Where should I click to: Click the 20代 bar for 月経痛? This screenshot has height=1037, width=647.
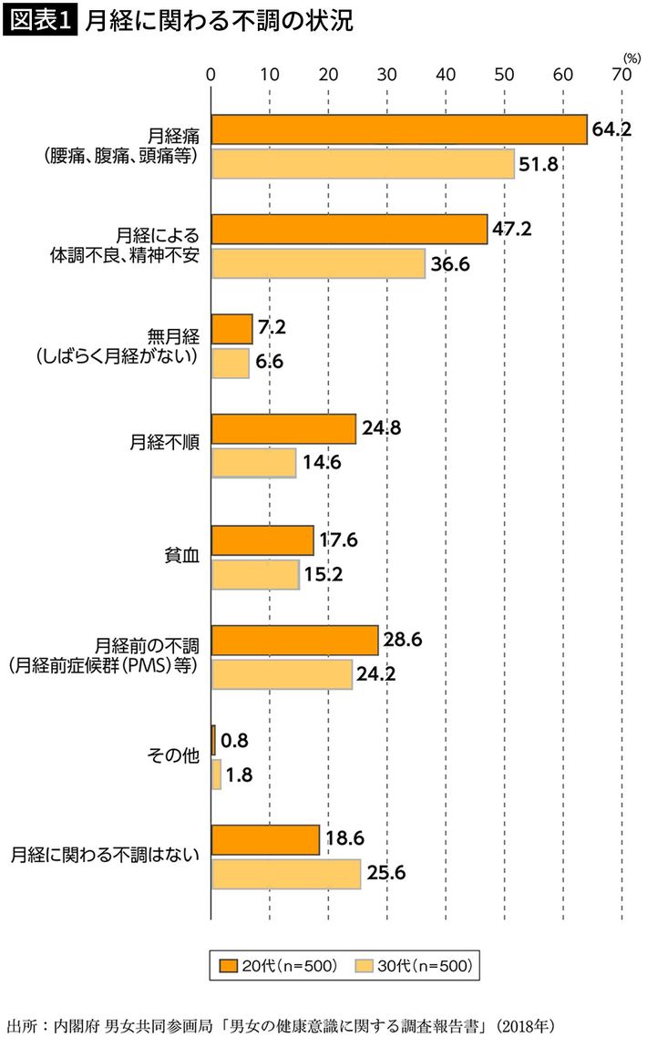click(x=398, y=130)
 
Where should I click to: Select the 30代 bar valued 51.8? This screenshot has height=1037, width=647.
click(x=363, y=164)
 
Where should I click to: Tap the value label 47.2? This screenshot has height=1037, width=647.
click(x=511, y=229)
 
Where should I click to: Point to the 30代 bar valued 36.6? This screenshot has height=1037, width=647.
click(x=318, y=262)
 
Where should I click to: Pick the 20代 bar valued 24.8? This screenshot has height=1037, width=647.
click(x=283, y=428)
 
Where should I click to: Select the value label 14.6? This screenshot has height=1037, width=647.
click(x=321, y=462)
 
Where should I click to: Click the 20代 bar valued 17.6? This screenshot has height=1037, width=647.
click(x=262, y=540)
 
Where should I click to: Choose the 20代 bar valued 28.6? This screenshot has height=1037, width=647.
click(x=294, y=640)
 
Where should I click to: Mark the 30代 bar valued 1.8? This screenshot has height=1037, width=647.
click(x=216, y=775)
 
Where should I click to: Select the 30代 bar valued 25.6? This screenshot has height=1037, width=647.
click(x=286, y=874)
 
